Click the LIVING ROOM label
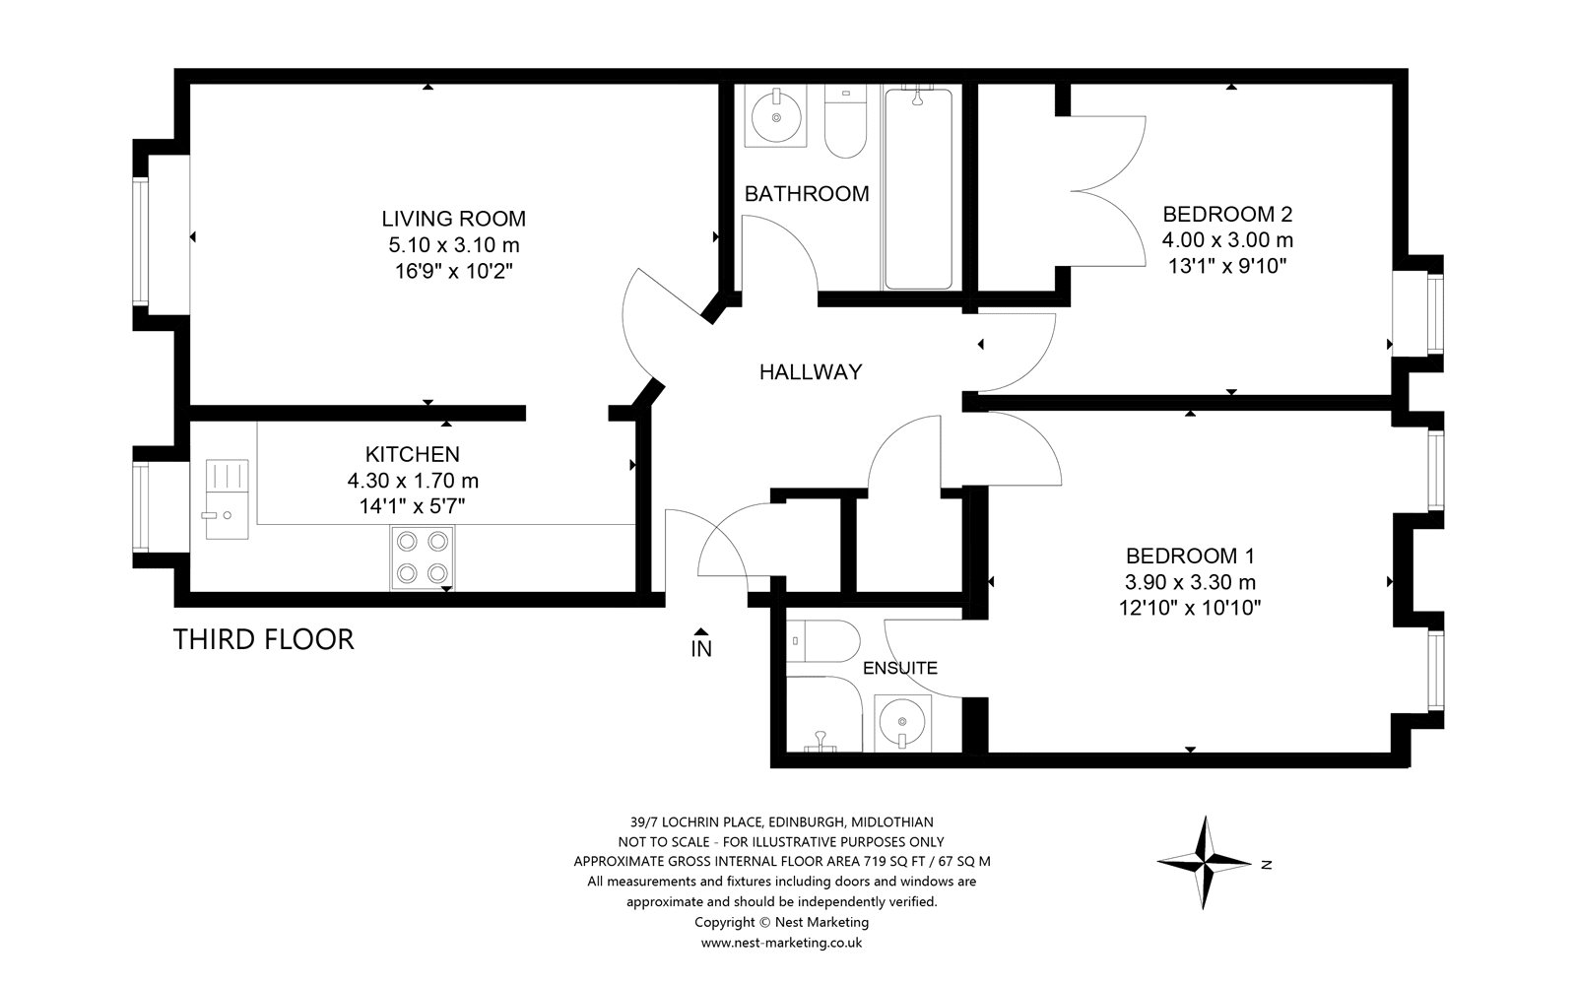point(454,219)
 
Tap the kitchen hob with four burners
point(423,558)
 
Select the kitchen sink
point(228,499)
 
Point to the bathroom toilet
point(845,121)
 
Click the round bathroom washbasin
point(776,117)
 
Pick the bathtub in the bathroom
point(918,187)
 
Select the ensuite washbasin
point(902,723)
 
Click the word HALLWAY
point(811,372)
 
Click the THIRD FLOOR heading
point(264,640)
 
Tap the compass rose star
point(1205,862)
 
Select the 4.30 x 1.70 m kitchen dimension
point(413,481)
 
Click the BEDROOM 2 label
point(1227,214)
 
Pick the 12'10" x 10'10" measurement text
point(1191,608)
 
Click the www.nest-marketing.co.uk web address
point(782,943)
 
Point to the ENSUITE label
point(900,669)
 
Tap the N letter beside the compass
point(1267,866)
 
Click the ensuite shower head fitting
point(820,743)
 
